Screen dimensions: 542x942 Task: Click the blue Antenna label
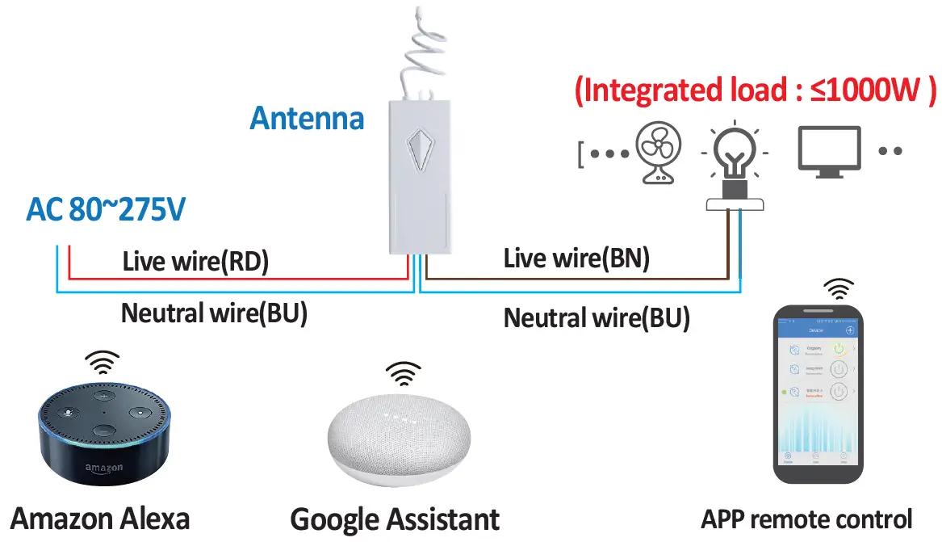point(307,119)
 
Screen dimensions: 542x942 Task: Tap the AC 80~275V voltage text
point(106,210)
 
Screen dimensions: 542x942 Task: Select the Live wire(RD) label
point(195,261)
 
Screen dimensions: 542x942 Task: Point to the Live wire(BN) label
point(576,258)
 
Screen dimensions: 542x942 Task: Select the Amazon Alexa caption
point(101,518)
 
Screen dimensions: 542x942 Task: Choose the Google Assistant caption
point(395,519)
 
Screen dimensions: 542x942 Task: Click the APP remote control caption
point(806,519)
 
